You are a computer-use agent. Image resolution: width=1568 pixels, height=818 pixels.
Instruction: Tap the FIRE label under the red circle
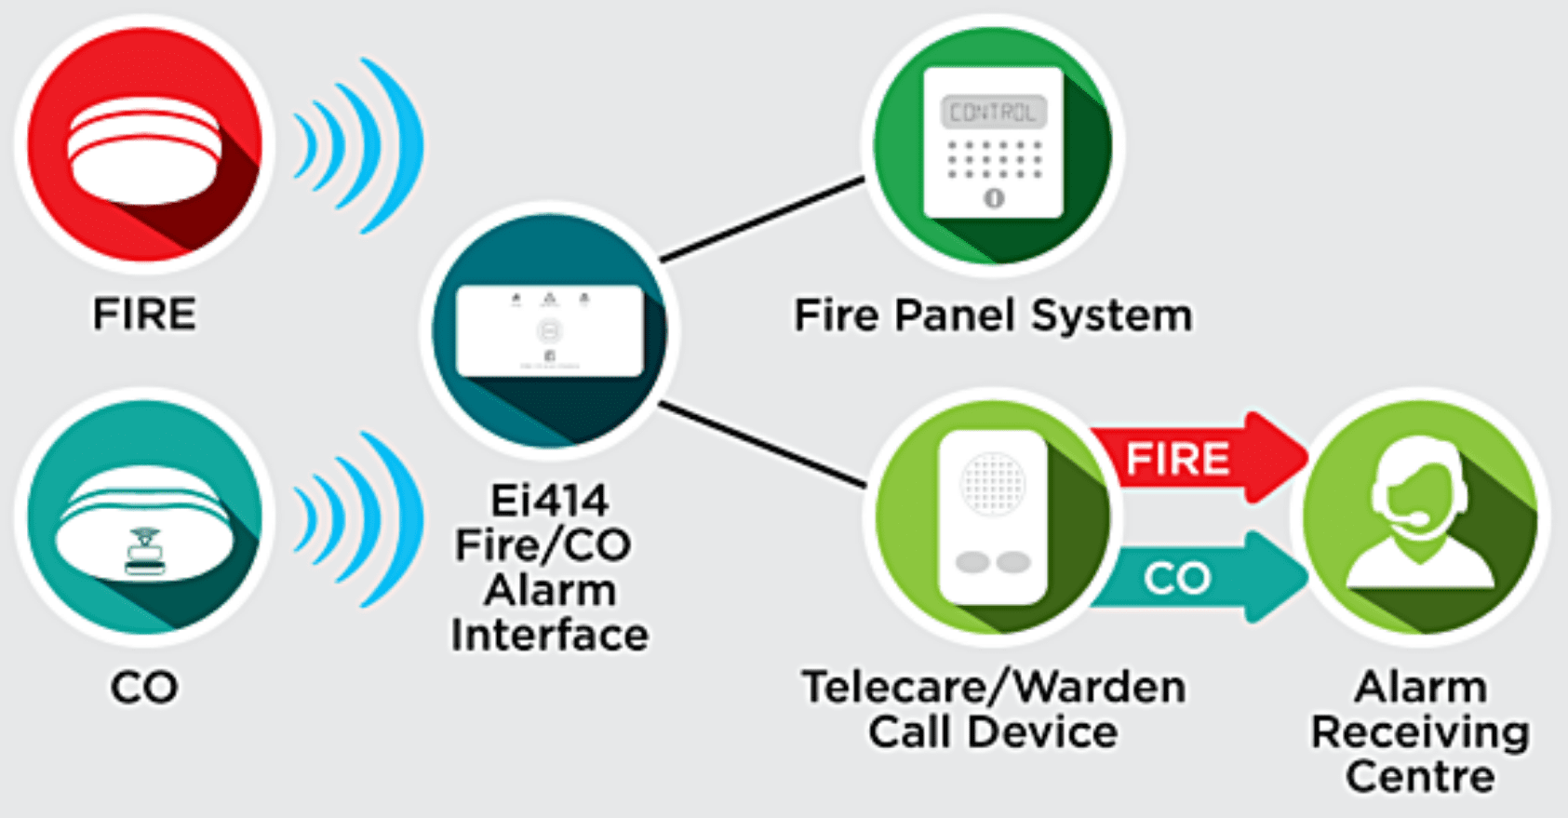[144, 315]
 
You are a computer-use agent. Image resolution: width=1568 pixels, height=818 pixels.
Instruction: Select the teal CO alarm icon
[144, 521]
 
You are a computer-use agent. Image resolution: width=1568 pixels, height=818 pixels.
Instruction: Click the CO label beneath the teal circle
[144, 689]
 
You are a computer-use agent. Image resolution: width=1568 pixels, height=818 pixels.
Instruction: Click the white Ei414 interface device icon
[549, 330]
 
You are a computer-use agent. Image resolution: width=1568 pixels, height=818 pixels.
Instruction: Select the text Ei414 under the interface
[549, 501]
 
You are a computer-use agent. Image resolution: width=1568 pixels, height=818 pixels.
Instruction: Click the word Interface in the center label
[549, 636]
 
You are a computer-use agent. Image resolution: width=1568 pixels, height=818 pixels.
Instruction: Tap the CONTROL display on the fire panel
[993, 113]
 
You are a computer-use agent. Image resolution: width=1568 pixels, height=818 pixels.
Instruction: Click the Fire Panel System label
[993, 315]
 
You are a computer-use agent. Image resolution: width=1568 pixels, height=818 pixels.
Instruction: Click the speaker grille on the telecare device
[992, 483]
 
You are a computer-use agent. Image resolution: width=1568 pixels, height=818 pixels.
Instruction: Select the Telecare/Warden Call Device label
[993, 709]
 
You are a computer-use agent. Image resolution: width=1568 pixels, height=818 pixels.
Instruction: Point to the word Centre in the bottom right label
[1420, 777]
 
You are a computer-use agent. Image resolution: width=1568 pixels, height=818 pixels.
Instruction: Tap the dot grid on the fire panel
[993, 159]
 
